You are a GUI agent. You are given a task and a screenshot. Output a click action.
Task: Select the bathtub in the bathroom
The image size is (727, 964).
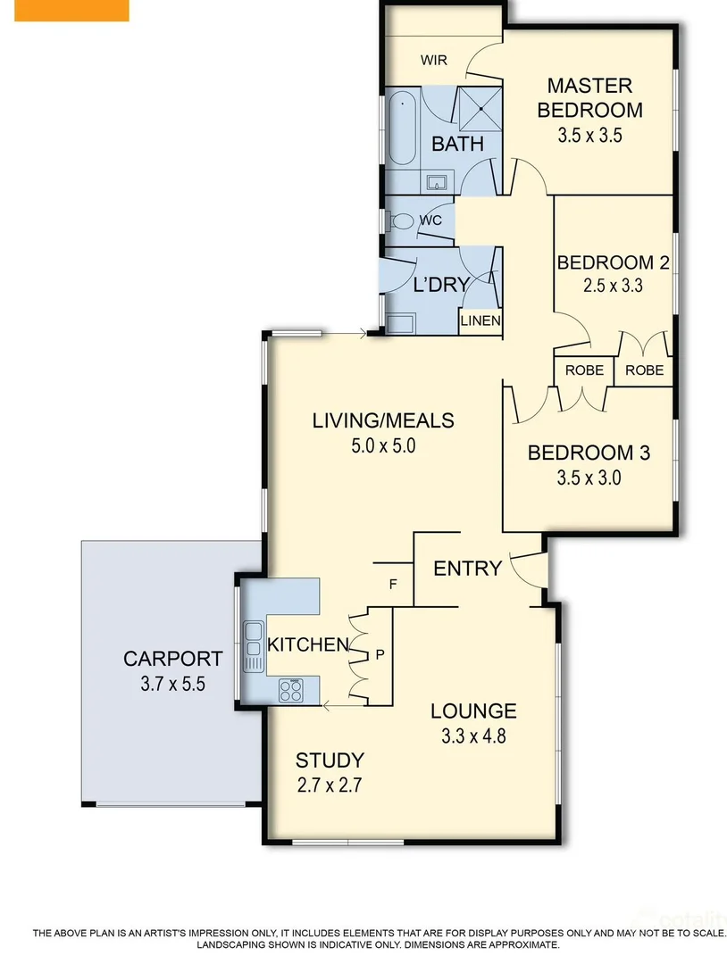click(x=402, y=129)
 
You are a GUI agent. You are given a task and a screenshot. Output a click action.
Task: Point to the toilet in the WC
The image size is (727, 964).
click(x=402, y=220)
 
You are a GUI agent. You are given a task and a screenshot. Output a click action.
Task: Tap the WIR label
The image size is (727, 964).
click(x=434, y=61)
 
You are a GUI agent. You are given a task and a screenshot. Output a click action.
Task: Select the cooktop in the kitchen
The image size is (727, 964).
click(x=292, y=690)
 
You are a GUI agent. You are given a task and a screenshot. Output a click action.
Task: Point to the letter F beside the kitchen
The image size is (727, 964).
click(x=392, y=586)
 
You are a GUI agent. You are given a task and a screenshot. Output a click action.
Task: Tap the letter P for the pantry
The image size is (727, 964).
click(x=380, y=654)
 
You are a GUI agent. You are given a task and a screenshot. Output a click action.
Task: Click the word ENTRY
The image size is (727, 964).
click(x=467, y=568)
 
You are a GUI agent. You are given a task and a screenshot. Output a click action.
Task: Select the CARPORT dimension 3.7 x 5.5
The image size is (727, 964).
click(x=172, y=687)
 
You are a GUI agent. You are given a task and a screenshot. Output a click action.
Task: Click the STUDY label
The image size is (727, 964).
click(x=330, y=760)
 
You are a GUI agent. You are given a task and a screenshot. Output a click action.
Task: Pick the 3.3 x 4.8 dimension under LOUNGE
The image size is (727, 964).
click(x=473, y=737)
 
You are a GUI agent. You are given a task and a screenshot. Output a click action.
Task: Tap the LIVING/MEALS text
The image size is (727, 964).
click(x=383, y=420)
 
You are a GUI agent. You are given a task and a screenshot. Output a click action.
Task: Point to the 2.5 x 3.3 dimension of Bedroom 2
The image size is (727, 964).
click(x=613, y=287)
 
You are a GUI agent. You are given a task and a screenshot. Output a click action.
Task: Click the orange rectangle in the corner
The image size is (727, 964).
click(x=64, y=10)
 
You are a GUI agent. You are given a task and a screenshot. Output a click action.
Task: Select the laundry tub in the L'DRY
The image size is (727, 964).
click(x=403, y=323)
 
